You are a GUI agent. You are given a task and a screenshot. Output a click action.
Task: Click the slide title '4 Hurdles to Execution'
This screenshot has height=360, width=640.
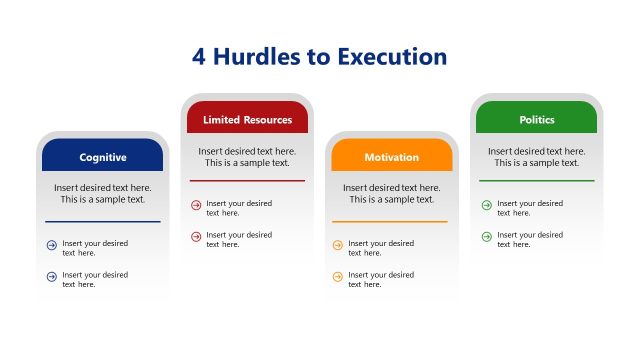pos(319,56)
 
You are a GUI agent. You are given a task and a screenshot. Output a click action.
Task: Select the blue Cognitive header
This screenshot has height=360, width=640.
pos(103,157)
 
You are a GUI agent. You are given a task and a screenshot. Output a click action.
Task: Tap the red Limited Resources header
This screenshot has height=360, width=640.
pos(247,119)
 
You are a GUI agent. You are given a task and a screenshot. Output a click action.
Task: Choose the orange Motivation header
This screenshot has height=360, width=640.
pos(392,157)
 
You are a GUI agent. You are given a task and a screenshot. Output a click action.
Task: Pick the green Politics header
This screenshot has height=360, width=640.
pos(537,119)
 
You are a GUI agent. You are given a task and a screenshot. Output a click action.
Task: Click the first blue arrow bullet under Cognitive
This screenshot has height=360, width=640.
pos(52,245)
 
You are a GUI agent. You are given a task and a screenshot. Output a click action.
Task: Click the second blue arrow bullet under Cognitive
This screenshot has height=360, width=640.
pos(52,277)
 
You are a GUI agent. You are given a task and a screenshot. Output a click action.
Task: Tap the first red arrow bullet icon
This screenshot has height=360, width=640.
pos(196,206)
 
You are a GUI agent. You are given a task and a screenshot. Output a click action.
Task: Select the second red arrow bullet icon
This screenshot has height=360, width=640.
pos(196,237)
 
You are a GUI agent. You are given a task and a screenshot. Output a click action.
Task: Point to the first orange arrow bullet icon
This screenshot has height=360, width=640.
pos(337,245)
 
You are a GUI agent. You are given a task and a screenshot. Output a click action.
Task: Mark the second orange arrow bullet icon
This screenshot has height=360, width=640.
pos(337,277)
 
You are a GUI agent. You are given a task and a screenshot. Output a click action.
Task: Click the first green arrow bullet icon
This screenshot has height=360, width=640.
pos(486,205)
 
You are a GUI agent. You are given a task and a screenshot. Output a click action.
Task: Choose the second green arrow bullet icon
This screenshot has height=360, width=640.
pos(486,237)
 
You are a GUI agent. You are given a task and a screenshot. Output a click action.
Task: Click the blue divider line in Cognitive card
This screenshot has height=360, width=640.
pos(102,221)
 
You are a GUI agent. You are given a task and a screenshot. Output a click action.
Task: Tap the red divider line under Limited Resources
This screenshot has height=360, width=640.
pos(247,181)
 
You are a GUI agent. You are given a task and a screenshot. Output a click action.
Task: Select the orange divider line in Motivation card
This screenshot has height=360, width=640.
pos(389,221)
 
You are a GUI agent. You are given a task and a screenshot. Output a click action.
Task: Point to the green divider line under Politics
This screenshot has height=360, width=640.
pos(536,181)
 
